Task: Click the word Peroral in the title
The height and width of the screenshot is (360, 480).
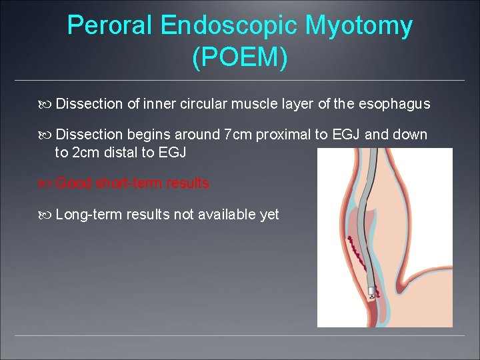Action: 112,26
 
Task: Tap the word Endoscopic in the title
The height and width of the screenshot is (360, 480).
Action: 230,26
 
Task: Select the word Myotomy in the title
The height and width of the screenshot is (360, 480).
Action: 359,26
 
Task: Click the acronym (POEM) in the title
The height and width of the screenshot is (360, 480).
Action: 240,58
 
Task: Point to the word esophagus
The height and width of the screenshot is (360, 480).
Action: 394,104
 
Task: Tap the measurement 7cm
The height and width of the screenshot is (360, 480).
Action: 239,135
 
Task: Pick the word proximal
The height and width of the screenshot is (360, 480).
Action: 284,135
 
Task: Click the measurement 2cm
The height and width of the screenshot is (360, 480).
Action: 85,153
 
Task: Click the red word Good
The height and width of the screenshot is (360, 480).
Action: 74,183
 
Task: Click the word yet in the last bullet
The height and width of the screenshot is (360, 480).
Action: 269,215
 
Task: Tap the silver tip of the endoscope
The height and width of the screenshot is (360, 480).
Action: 371,291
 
